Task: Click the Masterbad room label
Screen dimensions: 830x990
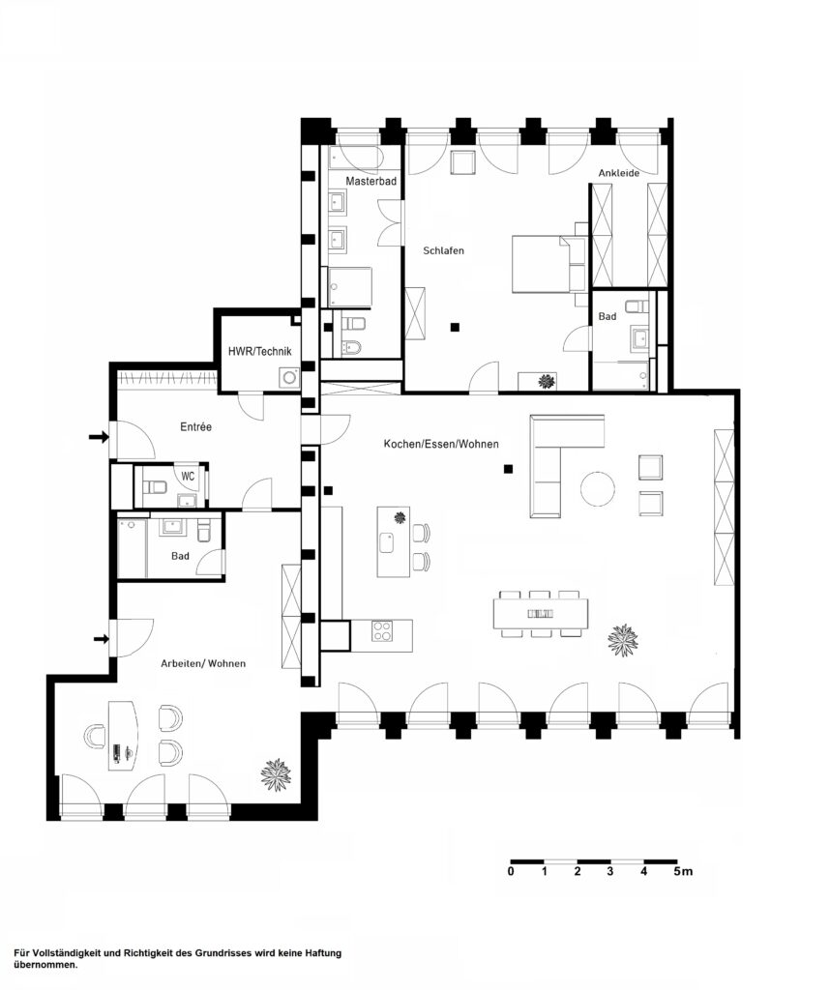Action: (x=371, y=181)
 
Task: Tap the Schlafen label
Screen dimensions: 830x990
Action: (x=443, y=250)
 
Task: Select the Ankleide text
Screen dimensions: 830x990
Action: (x=619, y=173)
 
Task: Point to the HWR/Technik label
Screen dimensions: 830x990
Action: (x=259, y=351)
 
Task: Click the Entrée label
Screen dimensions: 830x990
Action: (x=195, y=426)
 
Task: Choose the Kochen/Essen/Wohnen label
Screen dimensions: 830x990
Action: (x=441, y=444)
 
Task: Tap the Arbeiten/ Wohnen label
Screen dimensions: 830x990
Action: (x=203, y=663)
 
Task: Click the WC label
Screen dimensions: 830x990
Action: (x=188, y=477)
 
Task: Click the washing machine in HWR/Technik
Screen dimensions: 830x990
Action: (x=290, y=377)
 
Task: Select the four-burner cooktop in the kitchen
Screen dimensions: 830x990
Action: (x=382, y=631)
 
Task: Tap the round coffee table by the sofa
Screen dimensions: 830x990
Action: (x=598, y=489)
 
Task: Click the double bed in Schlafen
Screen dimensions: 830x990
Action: (x=543, y=264)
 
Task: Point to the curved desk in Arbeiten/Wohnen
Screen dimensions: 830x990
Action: (x=124, y=735)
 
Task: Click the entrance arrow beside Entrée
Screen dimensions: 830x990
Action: (x=99, y=437)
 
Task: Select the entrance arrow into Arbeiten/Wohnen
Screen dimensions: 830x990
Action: (x=101, y=639)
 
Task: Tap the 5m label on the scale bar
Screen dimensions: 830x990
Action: (x=682, y=871)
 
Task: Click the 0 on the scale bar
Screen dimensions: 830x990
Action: (x=511, y=871)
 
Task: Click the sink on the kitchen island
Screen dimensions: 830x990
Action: (x=387, y=543)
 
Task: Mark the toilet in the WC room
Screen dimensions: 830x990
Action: (x=154, y=487)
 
